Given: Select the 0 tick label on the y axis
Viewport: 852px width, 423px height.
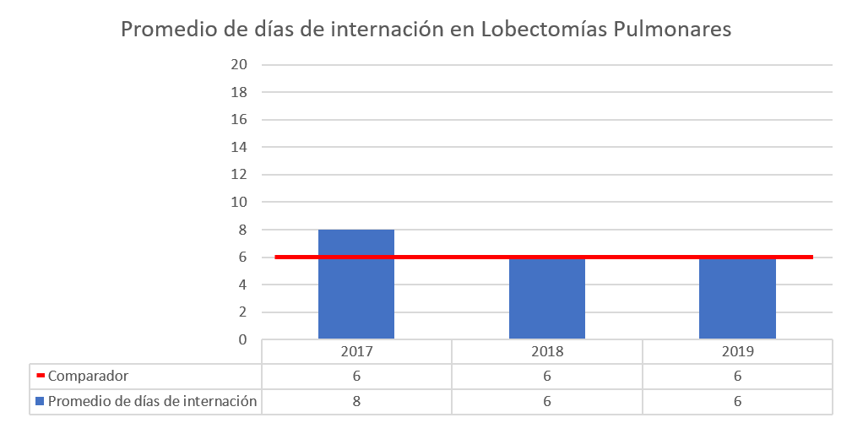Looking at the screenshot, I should (242, 339).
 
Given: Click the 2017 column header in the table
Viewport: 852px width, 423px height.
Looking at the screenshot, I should (355, 351).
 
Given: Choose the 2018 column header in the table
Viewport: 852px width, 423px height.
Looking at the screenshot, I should (546, 351).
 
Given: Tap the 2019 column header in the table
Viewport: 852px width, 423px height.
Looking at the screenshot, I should (737, 351).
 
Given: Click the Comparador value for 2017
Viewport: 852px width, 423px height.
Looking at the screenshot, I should (355, 376).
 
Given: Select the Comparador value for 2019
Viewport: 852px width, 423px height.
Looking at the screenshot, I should (737, 376).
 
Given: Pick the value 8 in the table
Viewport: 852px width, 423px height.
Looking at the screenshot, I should (355, 401).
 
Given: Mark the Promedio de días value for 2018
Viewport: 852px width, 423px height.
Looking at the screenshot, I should (546, 401).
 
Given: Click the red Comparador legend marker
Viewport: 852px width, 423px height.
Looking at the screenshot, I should (40, 376).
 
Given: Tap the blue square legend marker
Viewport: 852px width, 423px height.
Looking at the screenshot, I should (40, 401).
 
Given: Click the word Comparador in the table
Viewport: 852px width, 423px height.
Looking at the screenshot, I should (88, 376).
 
